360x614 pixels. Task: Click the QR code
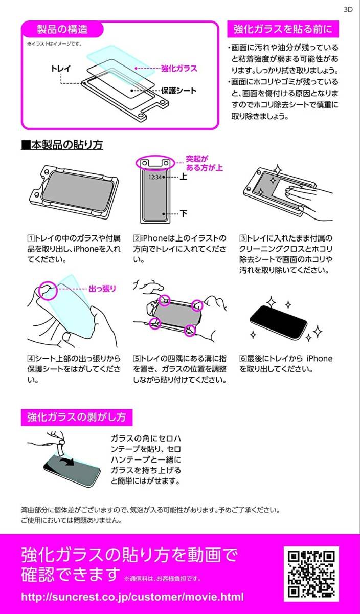coord(311,574)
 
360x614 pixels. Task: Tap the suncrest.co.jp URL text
coord(132,597)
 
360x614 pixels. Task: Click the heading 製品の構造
coord(62,29)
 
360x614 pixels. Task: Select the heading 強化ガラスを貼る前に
coord(283,29)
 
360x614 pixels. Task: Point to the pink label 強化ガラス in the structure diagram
coord(179,68)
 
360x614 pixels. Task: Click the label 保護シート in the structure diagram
coord(178,91)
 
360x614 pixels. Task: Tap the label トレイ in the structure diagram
coord(61,68)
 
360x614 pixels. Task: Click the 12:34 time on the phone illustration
coord(155,177)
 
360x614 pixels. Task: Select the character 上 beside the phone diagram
coord(183,177)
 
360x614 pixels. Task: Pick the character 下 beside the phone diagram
coord(183,213)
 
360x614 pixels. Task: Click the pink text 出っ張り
coord(102,289)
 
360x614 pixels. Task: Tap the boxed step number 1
coord(31,238)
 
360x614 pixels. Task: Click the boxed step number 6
coord(243,359)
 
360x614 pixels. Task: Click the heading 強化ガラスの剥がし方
coord(76,417)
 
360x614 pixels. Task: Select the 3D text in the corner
coord(348,9)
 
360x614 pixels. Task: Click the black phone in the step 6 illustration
coord(278,323)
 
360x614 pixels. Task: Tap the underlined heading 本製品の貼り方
coord(62,145)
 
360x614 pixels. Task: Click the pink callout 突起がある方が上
coord(205,163)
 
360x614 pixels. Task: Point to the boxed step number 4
coord(31,359)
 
